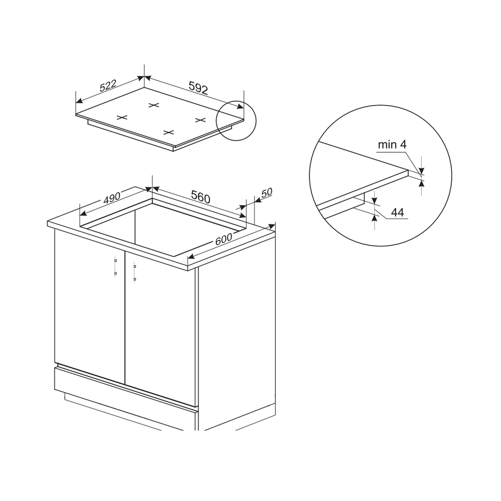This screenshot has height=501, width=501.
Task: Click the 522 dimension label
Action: point(108,86)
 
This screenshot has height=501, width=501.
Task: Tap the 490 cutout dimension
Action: point(112,198)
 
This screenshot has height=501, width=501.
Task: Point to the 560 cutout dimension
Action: point(201,197)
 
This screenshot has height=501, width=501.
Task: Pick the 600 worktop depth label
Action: point(224,239)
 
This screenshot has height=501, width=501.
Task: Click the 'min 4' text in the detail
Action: point(392,145)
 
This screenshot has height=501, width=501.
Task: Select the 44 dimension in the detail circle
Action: point(397,213)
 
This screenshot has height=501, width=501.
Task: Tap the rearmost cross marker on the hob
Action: point(154,105)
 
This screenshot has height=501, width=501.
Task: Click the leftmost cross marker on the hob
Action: point(122,117)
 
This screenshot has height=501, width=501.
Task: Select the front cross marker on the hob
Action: point(169,132)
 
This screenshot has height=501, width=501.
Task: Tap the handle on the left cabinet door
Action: point(116,266)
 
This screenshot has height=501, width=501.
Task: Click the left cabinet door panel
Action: point(90,306)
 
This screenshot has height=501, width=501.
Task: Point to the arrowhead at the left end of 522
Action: point(79,101)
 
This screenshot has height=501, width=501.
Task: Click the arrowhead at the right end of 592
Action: point(240,106)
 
